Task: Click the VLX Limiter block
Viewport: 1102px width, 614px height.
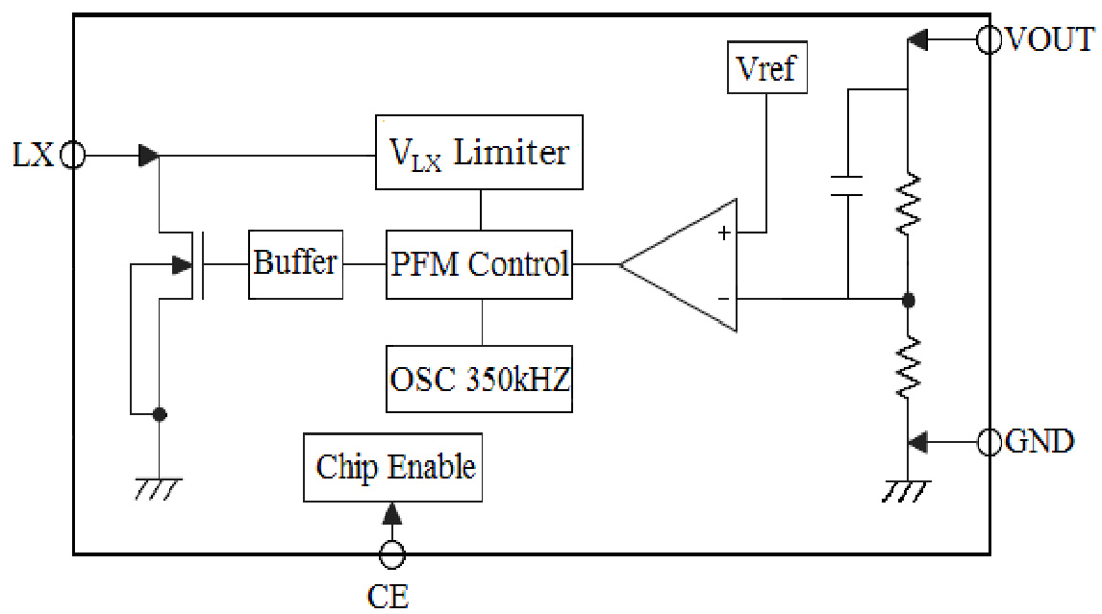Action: coord(479,153)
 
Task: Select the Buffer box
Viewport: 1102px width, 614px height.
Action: coord(295,263)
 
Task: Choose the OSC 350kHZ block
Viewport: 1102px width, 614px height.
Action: coord(479,379)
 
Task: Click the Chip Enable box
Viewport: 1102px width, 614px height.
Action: coord(393,467)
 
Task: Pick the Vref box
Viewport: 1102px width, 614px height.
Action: coord(767,69)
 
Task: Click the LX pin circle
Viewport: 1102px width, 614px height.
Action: coord(73,155)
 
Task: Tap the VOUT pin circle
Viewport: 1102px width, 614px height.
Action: coord(989,40)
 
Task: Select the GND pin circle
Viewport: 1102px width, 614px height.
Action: coord(989,442)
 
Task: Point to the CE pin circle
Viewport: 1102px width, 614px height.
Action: coord(391,554)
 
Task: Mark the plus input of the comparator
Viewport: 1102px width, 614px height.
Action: coord(723,233)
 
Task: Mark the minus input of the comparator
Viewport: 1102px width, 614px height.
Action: coord(723,298)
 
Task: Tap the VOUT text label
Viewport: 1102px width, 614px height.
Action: coord(1049,40)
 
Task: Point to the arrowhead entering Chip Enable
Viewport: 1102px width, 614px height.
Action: coord(391,513)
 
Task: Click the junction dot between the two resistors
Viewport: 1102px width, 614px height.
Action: coord(909,299)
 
